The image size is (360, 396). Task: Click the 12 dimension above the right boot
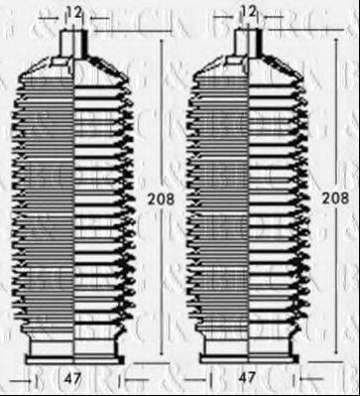(x=249, y=12)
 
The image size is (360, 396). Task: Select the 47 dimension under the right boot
(x=250, y=379)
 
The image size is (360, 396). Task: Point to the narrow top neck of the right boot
(x=249, y=43)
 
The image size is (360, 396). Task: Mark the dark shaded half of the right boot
(x=223, y=198)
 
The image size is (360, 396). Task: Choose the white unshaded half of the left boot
(x=104, y=198)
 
